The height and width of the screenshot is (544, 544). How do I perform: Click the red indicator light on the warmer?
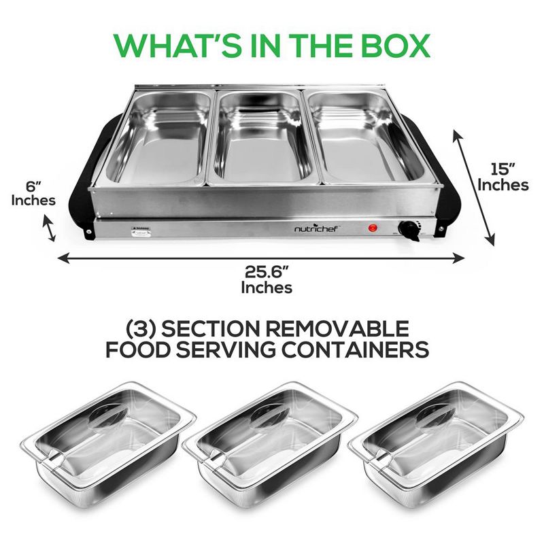pyautogui.click(x=373, y=228)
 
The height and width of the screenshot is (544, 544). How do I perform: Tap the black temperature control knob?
pyautogui.click(x=410, y=231)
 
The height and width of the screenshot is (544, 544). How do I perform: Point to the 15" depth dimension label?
pyautogui.click(x=503, y=176)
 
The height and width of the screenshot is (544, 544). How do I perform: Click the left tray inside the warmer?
pyautogui.click(x=161, y=137)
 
